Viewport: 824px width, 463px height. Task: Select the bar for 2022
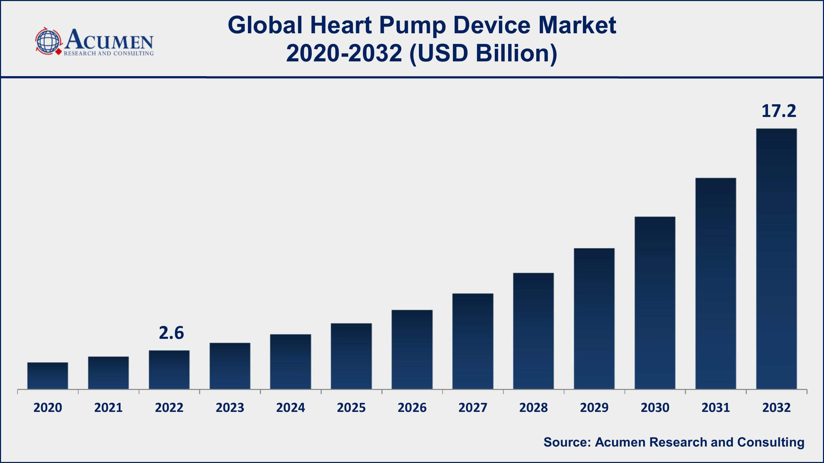coord(169,370)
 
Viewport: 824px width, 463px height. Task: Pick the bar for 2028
coord(533,331)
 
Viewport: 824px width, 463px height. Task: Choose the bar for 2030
coord(655,303)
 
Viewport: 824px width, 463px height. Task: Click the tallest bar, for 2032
coord(776,259)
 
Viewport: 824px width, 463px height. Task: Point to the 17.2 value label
coord(778,111)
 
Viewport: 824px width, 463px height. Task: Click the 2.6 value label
coord(171,333)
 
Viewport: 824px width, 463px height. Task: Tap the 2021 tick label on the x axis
coord(108,407)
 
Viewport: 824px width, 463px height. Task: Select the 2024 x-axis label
coord(290,407)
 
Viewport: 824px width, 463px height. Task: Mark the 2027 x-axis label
coord(472,407)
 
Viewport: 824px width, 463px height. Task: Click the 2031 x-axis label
coord(716,407)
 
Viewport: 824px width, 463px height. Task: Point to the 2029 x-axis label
coord(594,407)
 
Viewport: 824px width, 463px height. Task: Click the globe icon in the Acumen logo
coord(48,41)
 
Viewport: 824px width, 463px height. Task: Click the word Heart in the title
coord(341,25)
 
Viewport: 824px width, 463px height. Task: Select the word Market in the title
coord(577,25)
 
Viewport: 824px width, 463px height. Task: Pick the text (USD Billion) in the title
coord(483,54)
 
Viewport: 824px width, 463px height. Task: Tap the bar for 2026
coord(412,349)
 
